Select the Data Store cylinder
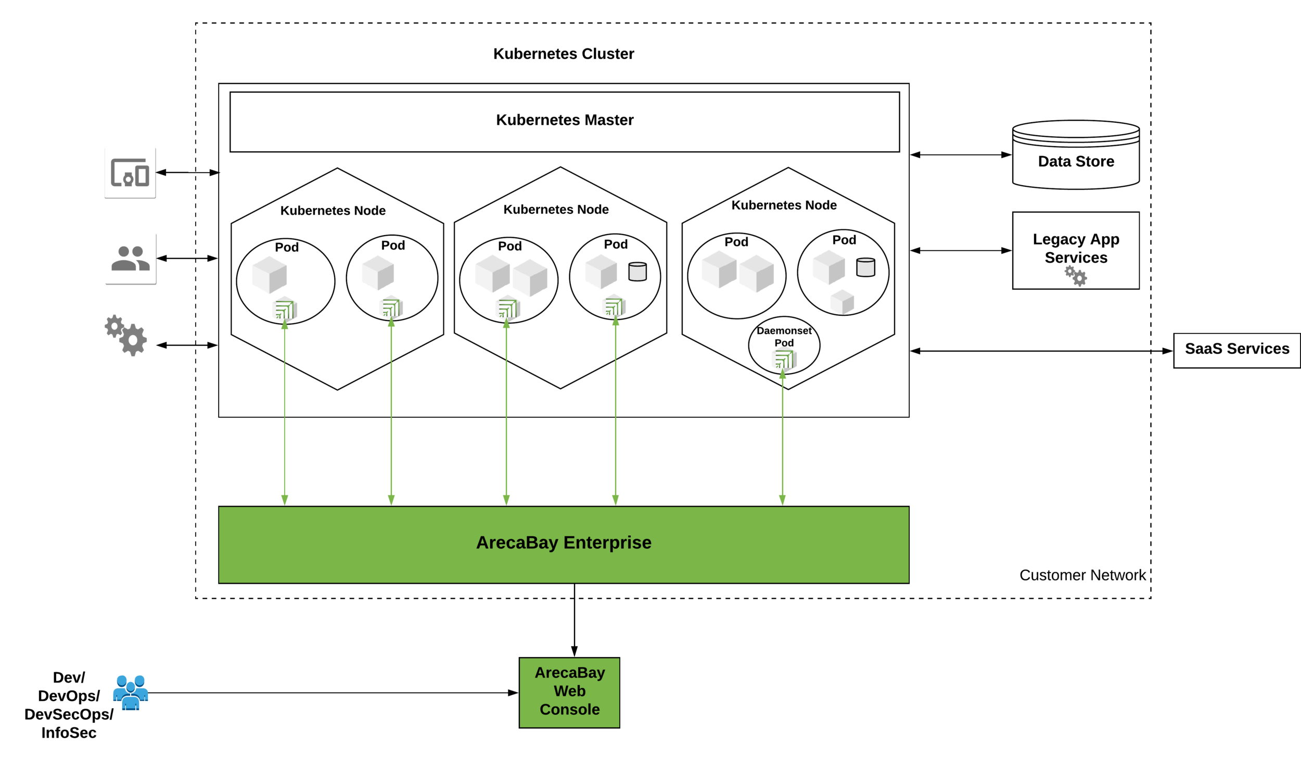(x=1076, y=155)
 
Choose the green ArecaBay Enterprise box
(x=564, y=545)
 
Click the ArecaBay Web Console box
(x=569, y=692)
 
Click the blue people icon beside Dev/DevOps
(x=131, y=692)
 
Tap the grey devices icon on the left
(x=130, y=173)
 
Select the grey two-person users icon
(x=131, y=259)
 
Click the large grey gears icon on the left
(x=126, y=336)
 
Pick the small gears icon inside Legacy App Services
(x=1076, y=276)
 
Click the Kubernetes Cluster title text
(x=564, y=54)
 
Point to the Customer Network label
(x=1082, y=575)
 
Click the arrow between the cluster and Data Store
(x=961, y=155)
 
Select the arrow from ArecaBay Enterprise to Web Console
(x=575, y=620)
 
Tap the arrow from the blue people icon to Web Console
(x=334, y=692)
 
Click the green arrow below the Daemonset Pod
(x=782, y=437)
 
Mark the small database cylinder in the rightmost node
(x=865, y=267)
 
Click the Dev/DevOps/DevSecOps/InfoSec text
(x=69, y=705)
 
